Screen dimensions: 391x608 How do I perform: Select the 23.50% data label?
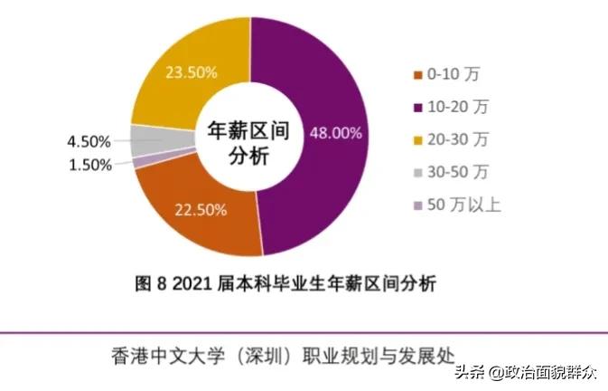pyautogui.click(x=190, y=72)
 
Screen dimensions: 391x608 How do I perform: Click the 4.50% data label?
pyautogui.click(x=89, y=142)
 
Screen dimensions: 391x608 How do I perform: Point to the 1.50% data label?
pyautogui.click(x=89, y=165)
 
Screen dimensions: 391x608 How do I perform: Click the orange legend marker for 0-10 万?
pyautogui.click(x=416, y=74)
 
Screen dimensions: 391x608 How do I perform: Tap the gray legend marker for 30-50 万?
pyautogui.click(x=416, y=173)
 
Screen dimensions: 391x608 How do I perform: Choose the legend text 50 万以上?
pyautogui.click(x=466, y=205)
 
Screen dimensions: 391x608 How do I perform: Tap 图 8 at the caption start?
pyautogui.click(x=151, y=284)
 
